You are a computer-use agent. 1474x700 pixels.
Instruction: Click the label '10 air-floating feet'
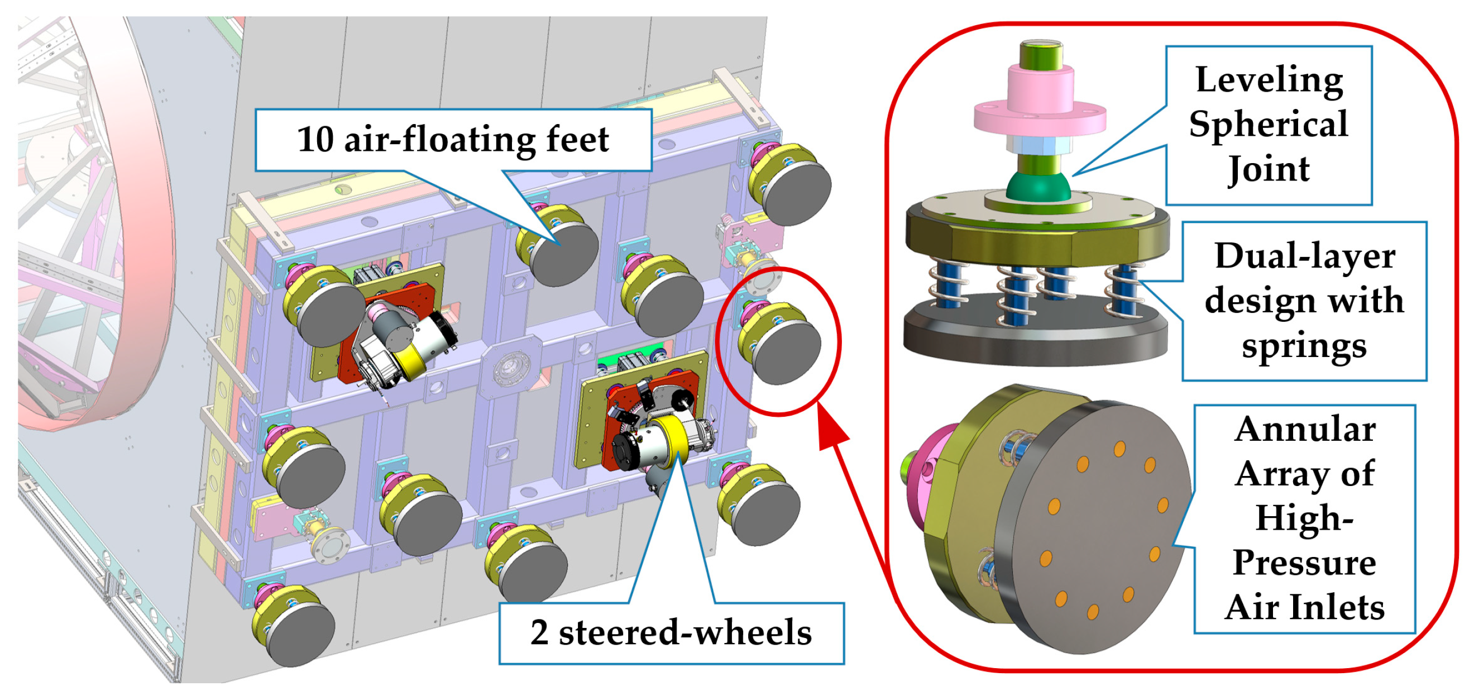[x=453, y=139]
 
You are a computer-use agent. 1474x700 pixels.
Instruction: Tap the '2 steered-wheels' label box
[x=671, y=632]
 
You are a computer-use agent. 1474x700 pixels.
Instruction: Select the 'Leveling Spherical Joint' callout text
[x=1269, y=124]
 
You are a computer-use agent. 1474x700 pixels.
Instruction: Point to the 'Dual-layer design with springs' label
[x=1304, y=301]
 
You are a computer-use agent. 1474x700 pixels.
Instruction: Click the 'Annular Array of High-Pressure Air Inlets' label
[x=1304, y=518]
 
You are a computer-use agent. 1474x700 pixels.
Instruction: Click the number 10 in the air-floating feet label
[x=315, y=139]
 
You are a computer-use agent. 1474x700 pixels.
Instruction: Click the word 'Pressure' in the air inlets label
[x=1304, y=563]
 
